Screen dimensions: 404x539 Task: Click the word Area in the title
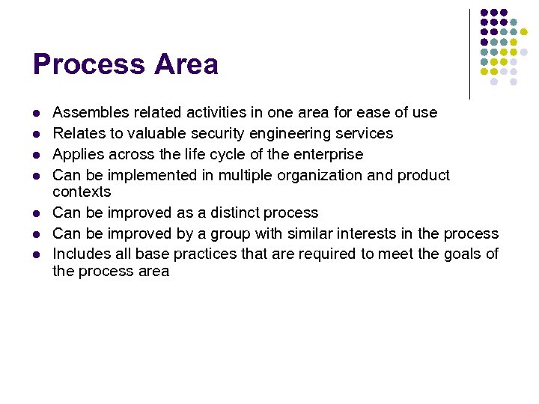click(186, 64)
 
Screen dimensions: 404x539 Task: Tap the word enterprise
click(327, 154)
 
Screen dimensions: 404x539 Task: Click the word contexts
click(82, 192)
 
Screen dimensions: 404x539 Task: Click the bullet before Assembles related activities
click(35, 114)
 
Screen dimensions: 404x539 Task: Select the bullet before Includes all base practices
click(35, 254)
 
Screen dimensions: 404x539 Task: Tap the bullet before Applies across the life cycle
click(35, 155)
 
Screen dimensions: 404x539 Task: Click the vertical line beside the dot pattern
click(469, 54)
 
